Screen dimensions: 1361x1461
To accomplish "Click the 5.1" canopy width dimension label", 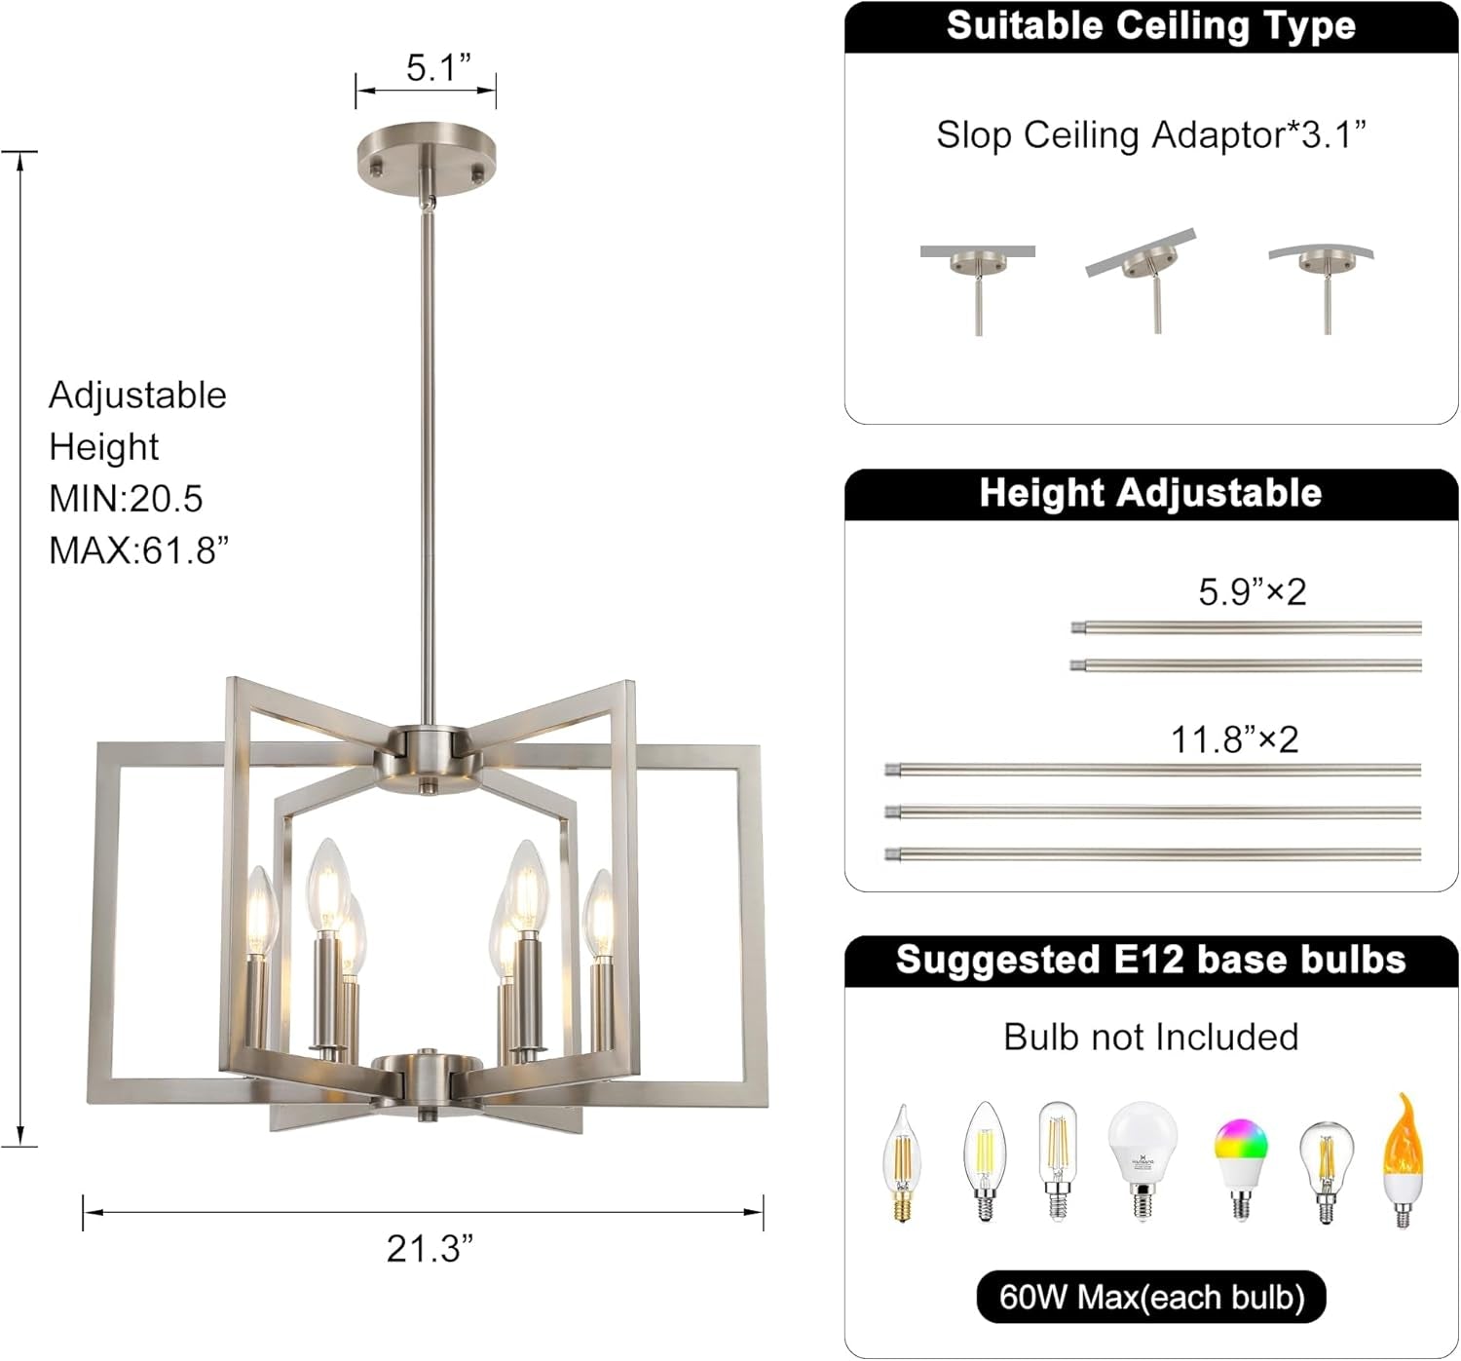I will pos(437,68).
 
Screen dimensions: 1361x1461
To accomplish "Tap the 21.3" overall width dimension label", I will pos(430,1248).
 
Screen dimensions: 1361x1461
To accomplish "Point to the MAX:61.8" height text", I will pos(138,550).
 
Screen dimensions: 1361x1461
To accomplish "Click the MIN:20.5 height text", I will pos(126,499).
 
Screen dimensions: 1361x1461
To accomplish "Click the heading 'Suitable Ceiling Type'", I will pos(1150,26).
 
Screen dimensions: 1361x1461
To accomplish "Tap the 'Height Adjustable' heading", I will pos(1150,493).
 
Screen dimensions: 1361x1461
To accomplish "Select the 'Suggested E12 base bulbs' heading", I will pos(1150,960).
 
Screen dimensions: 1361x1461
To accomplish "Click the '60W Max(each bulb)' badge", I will pos(1150,1298).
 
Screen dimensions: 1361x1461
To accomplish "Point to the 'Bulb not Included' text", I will pos(1150,1038).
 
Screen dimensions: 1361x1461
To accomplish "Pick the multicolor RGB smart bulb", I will pos(1241,1164).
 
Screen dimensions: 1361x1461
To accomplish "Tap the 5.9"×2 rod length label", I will pos(1252,592).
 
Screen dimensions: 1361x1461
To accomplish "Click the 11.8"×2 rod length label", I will pos(1234,740).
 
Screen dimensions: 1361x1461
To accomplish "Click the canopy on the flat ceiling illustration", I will pos(977,263).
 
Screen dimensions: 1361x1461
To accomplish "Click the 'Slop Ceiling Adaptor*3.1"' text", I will pos(1150,135).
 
